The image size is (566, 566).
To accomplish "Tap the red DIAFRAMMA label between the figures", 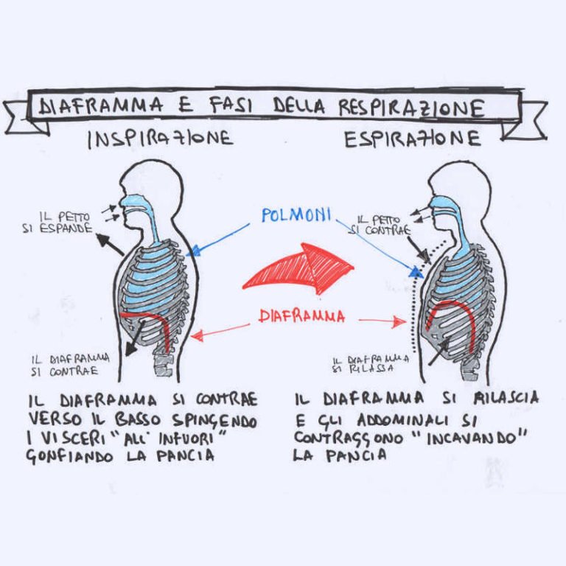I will coord(301,317).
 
